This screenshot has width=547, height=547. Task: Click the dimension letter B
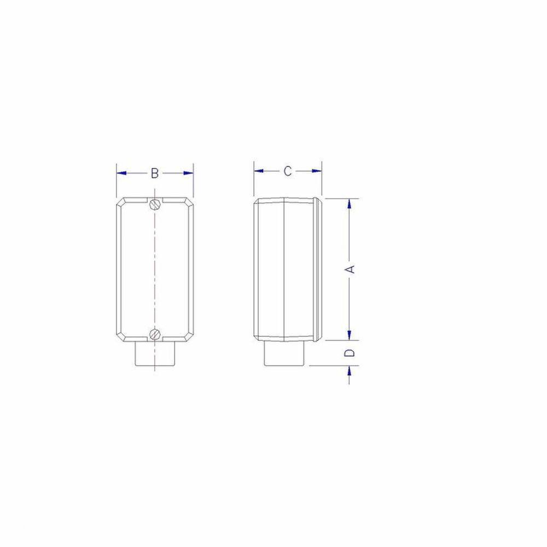(x=155, y=173)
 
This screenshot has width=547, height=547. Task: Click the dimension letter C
(x=287, y=171)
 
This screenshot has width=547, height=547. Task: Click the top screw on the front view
(x=155, y=204)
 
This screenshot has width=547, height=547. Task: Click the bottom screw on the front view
(x=155, y=333)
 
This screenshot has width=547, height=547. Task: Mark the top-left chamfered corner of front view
(x=121, y=201)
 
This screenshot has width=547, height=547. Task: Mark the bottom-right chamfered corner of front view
(x=190, y=336)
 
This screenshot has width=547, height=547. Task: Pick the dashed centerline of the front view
(x=155, y=268)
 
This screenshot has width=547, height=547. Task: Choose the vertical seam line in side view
(x=286, y=268)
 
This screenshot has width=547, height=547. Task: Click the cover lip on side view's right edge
(x=319, y=268)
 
